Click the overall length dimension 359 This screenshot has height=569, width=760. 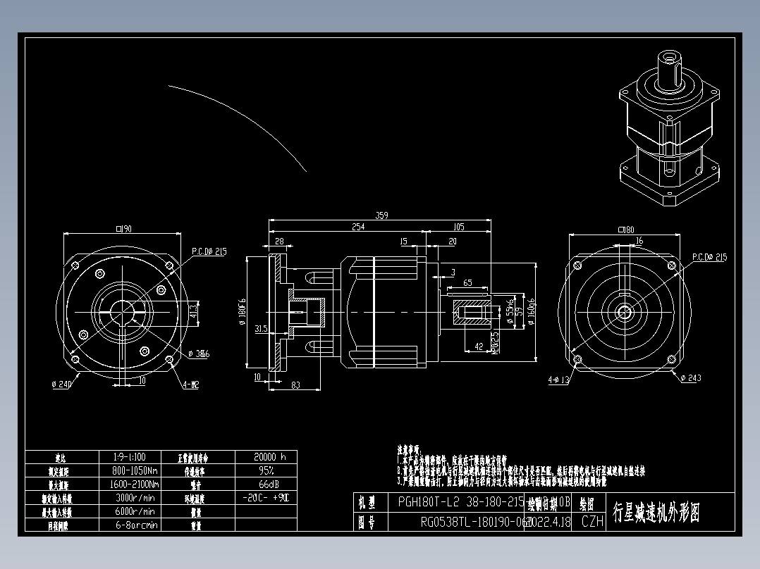[381, 215]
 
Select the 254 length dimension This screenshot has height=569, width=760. [359, 227]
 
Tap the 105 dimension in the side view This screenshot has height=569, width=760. [458, 227]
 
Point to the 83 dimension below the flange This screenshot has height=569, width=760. [295, 384]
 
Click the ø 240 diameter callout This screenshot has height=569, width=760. [63, 384]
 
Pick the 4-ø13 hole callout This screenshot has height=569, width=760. [560, 380]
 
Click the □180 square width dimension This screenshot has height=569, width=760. [625, 230]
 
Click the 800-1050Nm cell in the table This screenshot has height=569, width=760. [135, 470]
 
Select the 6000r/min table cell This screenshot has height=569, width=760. [135, 511]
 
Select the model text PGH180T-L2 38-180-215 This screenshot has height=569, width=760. [461, 503]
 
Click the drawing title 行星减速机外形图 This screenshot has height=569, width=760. [656, 512]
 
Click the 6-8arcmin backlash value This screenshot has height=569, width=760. [135, 525]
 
